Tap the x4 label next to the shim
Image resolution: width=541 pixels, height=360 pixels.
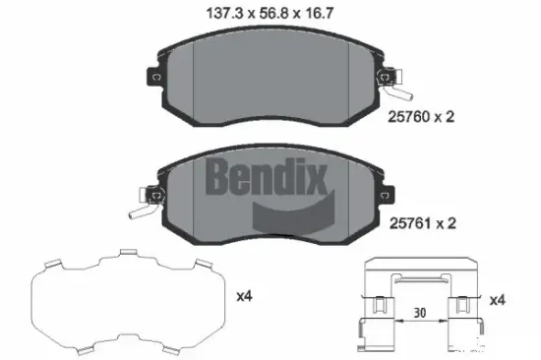point(246,294)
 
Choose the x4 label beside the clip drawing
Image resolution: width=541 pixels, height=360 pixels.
point(499,298)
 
